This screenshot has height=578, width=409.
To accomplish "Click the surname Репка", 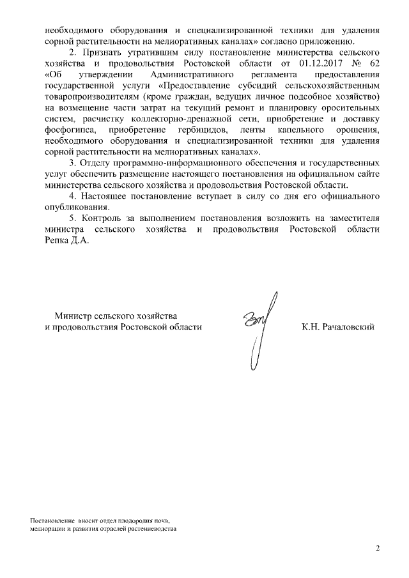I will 51,241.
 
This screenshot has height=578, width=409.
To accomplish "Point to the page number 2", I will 377,548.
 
